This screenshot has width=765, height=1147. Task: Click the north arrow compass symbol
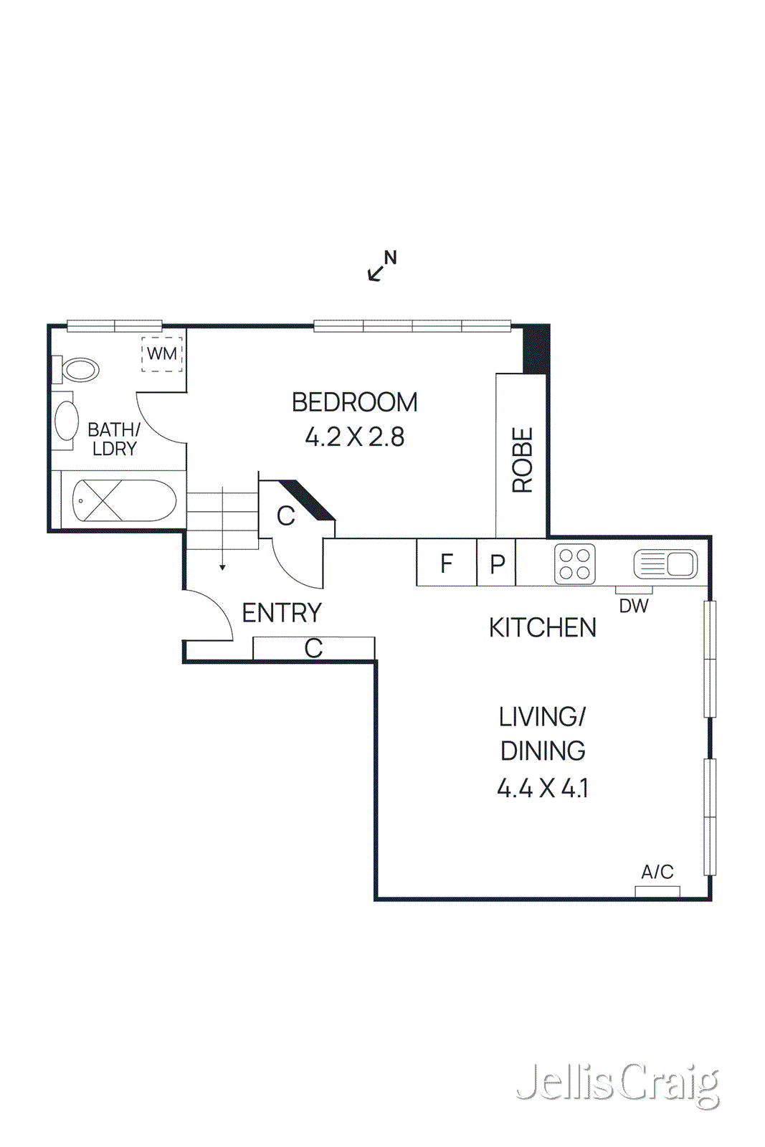tap(381, 266)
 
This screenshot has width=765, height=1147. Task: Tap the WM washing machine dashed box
tap(162, 354)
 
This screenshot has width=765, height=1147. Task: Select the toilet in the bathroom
tap(79, 371)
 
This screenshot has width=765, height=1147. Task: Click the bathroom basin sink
tap(67, 421)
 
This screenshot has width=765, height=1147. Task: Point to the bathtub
tap(123, 500)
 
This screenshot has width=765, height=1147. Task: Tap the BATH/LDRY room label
tap(113, 439)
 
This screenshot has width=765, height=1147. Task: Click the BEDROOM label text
tap(354, 402)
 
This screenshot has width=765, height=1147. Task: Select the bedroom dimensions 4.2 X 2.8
tap(354, 437)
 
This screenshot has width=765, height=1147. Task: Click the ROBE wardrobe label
tap(522, 460)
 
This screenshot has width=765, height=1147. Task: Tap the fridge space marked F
tap(446, 563)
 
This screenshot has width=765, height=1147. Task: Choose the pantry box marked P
tap(497, 564)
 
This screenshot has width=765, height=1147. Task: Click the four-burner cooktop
tap(574, 564)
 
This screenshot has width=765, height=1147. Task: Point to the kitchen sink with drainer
tap(665, 564)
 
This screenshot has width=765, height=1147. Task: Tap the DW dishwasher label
tap(634, 606)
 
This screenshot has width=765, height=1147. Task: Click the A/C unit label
tap(657, 872)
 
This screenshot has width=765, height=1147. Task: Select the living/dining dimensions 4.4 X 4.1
tap(543, 789)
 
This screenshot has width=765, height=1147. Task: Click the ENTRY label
tap(282, 613)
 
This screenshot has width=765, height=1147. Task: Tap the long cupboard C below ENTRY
tap(313, 648)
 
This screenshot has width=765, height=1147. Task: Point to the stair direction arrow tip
tap(223, 568)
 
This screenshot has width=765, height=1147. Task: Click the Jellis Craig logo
tap(618, 1084)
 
